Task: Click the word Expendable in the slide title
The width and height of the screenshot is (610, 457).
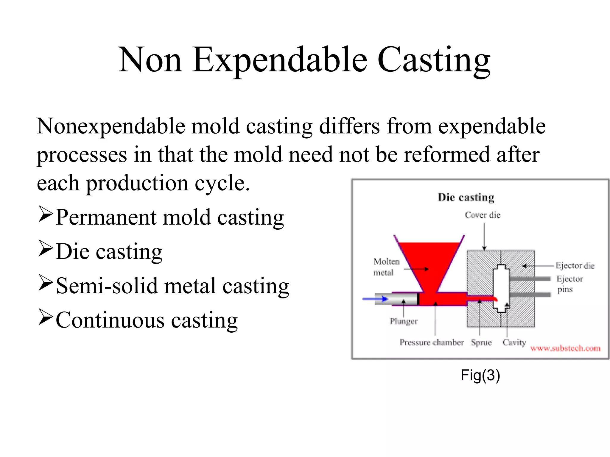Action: [x=279, y=60]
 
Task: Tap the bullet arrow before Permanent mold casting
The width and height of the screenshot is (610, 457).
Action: [x=46, y=215]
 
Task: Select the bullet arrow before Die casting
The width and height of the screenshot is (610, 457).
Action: [x=46, y=249]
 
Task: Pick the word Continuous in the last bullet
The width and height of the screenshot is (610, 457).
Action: [x=110, y=320]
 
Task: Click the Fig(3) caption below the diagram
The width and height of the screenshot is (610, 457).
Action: [x=480, y=375]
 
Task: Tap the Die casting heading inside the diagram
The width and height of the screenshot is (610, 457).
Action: [x=466, y=197]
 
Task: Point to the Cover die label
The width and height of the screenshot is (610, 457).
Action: [x=482, y=215]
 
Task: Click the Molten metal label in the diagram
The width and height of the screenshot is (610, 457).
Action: [x=386, y=267]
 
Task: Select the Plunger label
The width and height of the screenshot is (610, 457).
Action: [x=404, y=321]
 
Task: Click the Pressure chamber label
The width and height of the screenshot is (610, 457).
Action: [x=431, y=342]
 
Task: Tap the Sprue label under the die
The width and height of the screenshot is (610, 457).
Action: [x=481, y=342]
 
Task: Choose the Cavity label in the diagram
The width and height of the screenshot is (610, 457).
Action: [x=514, y=342]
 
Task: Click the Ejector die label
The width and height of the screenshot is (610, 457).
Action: [x=575, y=265]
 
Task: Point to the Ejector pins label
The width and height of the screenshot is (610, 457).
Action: [x=569, y=284]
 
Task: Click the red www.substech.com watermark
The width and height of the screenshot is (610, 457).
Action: [x=565, y=348]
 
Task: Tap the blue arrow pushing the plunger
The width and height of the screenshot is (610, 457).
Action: [x=375, y=299]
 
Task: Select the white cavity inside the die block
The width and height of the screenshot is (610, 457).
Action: [x=501, y=287]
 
